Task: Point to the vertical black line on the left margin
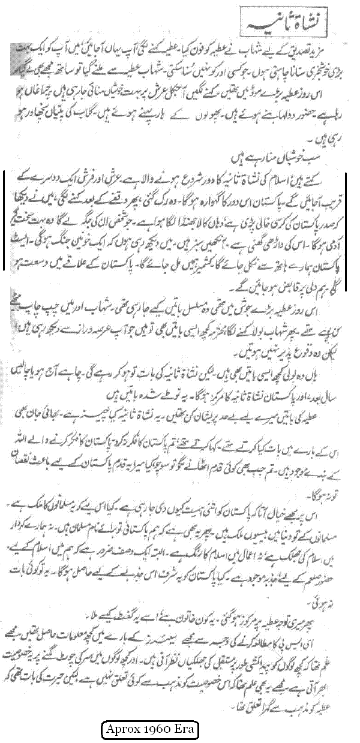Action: pos(4,221)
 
